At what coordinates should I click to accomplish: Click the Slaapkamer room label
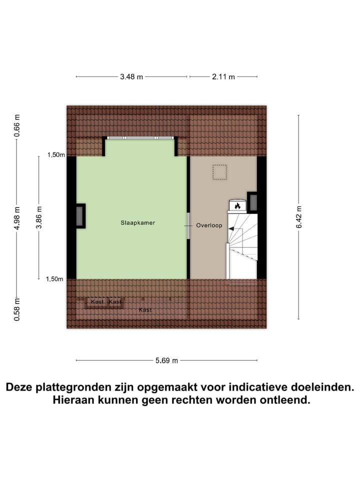click(x=137, y=222)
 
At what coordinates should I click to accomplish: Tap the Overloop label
click(x=208, y=225)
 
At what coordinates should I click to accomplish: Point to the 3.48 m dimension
click(x=131, y=76)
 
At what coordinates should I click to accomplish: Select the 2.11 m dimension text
click(x=222, y=76)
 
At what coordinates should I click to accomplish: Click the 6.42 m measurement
click(x=299, y=217)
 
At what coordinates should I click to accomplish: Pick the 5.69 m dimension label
click(x=166, y=360)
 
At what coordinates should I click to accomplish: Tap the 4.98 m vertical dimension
click(x=17, y=218)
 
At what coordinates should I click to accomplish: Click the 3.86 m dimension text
click(x=39, y=217)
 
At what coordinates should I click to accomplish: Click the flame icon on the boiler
click(x=237, y=205)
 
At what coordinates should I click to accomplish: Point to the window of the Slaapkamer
click(x=139, y=137)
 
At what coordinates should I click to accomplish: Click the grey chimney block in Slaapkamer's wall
click(x=80, y=216)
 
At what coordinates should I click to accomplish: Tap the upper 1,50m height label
click(x=56, y=155)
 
